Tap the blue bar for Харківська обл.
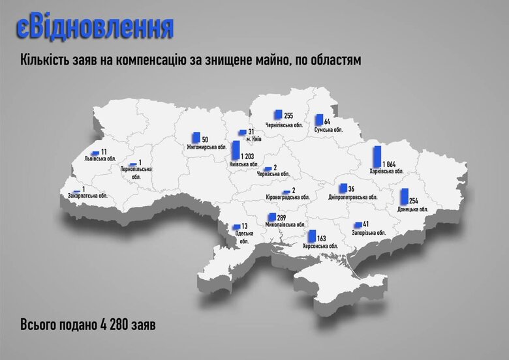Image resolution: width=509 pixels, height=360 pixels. pyautogui.click(x=377, y=157)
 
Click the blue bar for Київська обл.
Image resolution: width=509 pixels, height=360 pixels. pyautogui.click(x=235, y=151)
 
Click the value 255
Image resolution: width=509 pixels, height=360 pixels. pyautogui.click(x=288, y=115)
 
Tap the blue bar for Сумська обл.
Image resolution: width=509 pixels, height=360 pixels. pyautogui.click(x=318, y=120)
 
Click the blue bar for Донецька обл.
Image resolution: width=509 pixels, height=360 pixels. pyautogui.click(x=404, y=196)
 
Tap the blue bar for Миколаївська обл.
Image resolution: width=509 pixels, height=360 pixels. pyautogui.click(x=271, y=217)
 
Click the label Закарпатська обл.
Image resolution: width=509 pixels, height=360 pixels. pyautogui.click(x=87, y=195)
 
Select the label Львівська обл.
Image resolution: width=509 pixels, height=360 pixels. pyautogui.click(x=100, y=158)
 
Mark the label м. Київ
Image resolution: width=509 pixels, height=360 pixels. pyautogui.click(x=254, y=140)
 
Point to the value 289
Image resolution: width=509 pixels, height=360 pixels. pyautogui.click(x=283, y=217)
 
